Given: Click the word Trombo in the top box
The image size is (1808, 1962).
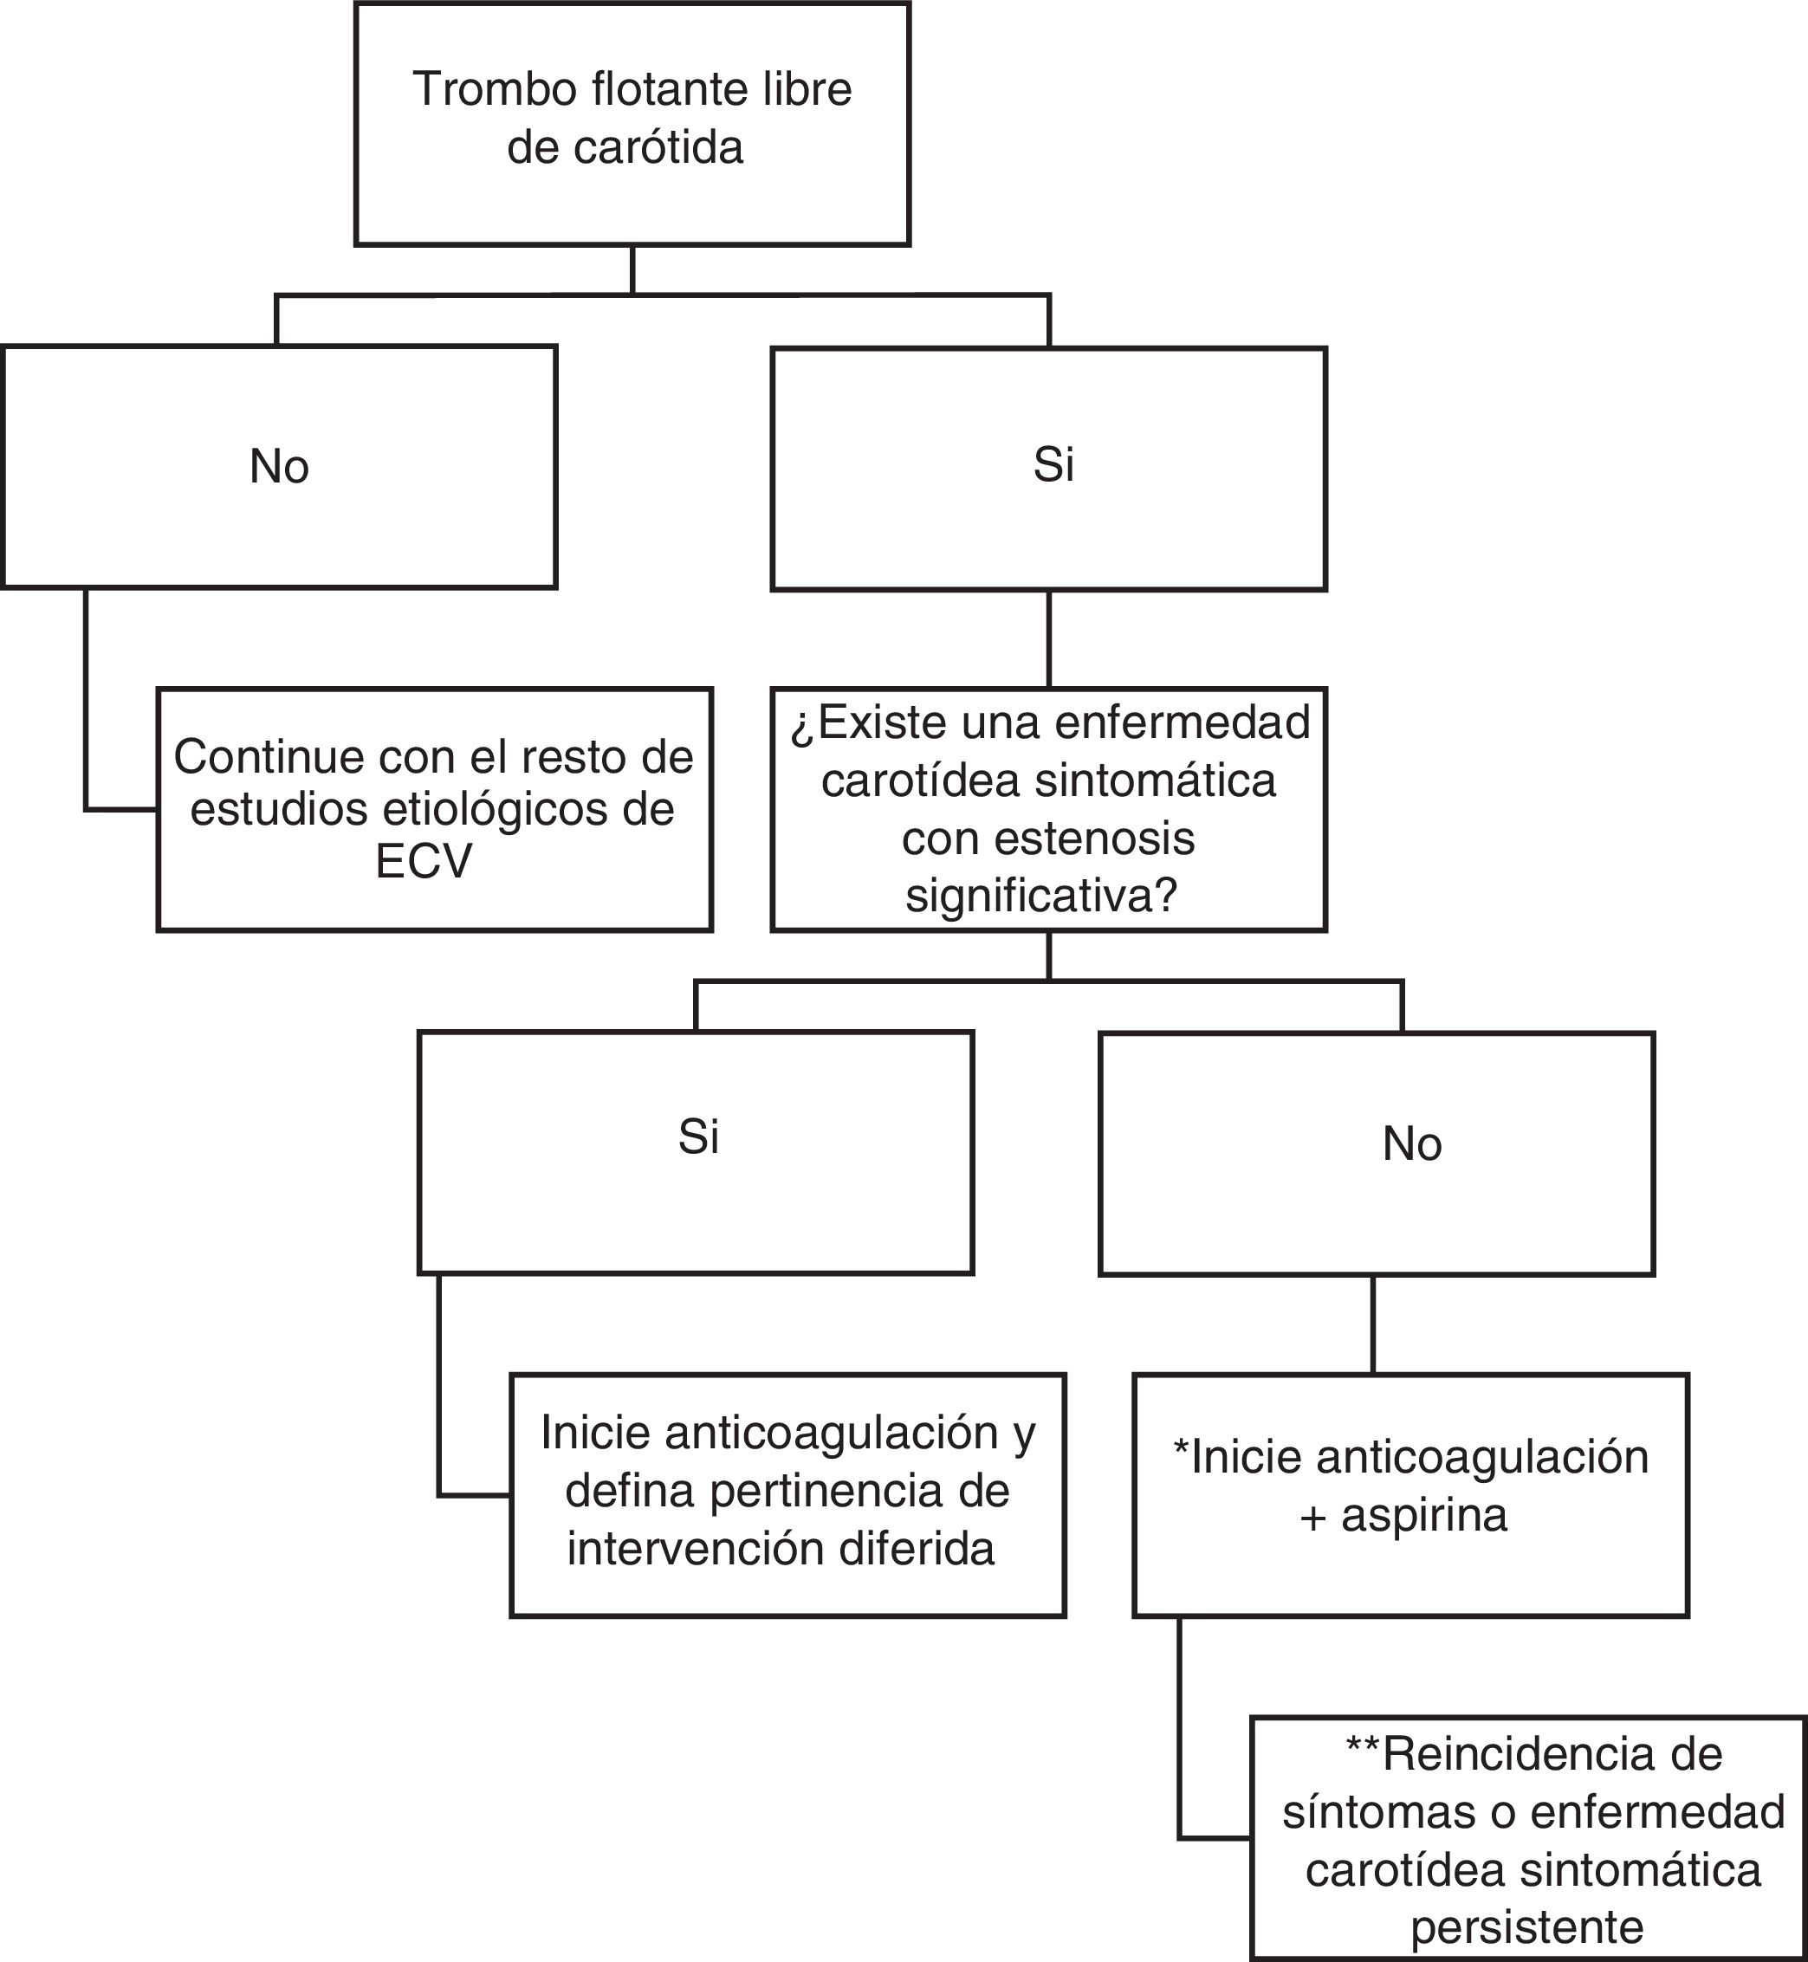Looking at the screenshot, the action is pos(495,89).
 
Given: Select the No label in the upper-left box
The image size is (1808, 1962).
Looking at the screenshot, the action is pos(279,467).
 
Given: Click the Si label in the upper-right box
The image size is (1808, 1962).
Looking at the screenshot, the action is pos(1053,463).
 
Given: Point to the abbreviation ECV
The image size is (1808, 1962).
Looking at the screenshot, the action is pos(424,862).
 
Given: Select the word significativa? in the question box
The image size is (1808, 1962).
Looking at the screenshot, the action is pos(1040,896).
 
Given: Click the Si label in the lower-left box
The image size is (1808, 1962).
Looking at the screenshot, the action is pos(698,1136).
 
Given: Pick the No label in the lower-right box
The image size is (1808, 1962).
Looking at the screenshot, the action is pos(1412,1143).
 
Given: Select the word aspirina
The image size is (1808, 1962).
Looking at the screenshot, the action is pos(1423,1515).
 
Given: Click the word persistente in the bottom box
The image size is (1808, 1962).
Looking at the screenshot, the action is pos(1527,1927).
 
